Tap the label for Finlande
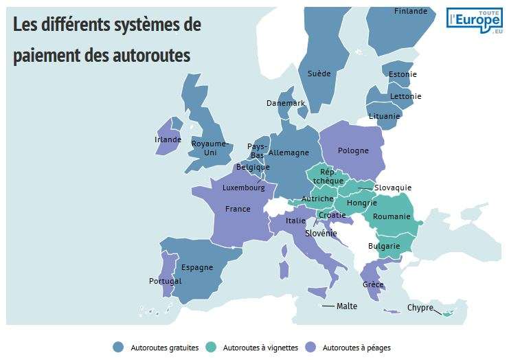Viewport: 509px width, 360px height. (411, 11)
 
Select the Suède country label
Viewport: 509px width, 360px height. (319, 74)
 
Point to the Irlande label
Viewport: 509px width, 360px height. (168, 139)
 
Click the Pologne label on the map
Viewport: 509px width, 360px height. (353, 150)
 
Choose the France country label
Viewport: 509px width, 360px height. (238, 209)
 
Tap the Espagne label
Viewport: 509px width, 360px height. (197, 267)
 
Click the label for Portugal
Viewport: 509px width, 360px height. (165, 281)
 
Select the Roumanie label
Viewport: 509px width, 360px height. (392, 216)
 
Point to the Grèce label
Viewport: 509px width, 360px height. (373, 284)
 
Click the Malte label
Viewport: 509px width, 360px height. (347, 306)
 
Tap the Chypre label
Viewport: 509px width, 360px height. (420, 308)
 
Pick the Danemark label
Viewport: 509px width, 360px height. (286, 103)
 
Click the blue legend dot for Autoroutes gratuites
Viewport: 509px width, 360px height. (118, 348)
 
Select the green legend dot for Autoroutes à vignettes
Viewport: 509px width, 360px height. (212, 348)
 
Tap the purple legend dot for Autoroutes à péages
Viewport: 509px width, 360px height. (310, 348)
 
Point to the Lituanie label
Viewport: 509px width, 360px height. (384, 116)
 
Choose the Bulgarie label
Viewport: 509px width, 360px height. (384, 246)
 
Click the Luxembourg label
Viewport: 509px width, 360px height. (243, 188)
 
